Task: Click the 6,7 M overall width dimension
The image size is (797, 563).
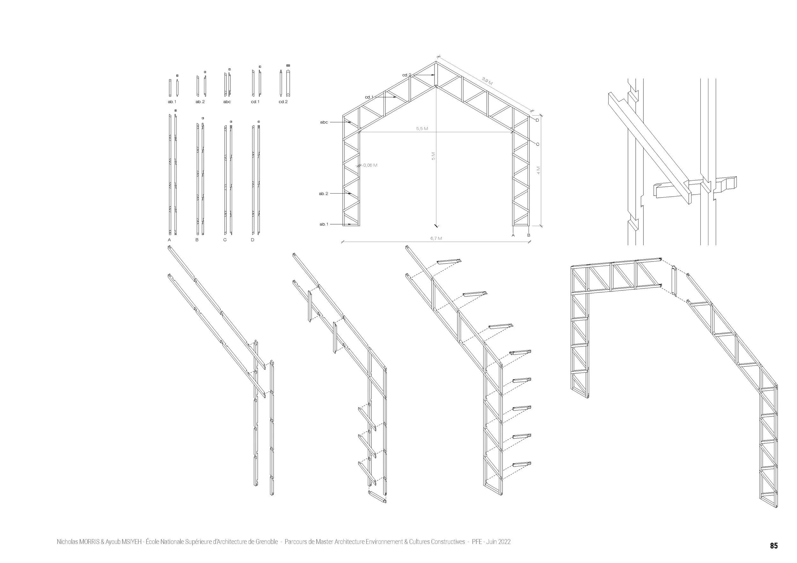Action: (x=436, y=239)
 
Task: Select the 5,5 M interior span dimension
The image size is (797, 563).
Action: (x=422, y=129)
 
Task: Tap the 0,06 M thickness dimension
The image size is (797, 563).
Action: (x=370, y=165)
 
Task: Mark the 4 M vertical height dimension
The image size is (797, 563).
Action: (x=538, y=171)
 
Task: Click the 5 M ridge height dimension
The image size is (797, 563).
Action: (x=433, y=156)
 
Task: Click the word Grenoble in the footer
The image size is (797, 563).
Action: (x=267, y=542)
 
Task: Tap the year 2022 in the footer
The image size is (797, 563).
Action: (x=504, y=542)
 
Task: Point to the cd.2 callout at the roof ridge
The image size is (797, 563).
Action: (x=406, y=75)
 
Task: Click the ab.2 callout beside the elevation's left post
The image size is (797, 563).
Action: (x=323, y=193)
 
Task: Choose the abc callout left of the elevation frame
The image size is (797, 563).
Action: (x=324, y=122)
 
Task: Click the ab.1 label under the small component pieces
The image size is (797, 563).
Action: (x=172, y=102)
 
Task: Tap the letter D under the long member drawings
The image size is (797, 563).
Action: (x=252, y=240)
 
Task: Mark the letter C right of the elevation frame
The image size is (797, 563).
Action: (x=538, y=144)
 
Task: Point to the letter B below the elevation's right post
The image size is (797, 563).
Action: (x=529, y=235)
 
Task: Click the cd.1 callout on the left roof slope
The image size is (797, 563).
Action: (x=369, y=97)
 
